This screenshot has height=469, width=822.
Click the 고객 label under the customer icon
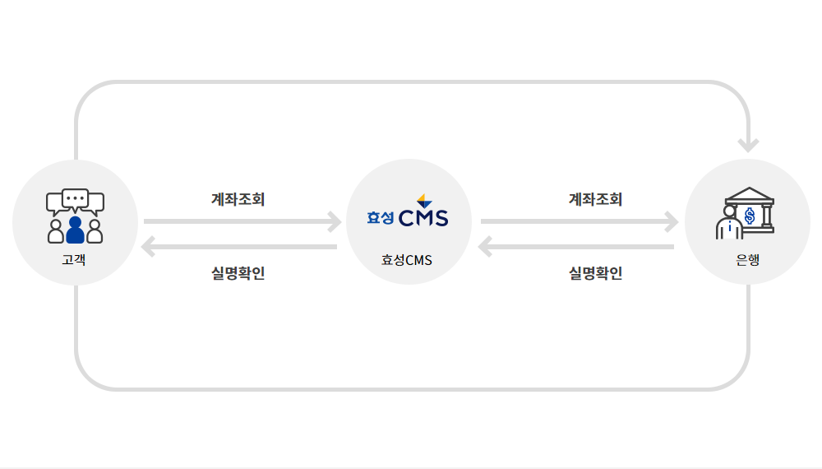pyautogui.click(x=74, y=260)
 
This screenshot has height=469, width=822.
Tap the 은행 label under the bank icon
pyautogui.click(x=747, y=260)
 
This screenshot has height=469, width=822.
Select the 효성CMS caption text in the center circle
pyautogui.click(x=407, y=260)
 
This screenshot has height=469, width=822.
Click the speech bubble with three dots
pyautogui.click(x=76, y=199)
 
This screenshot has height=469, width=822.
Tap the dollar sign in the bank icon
pyautogui.click(x=750, y=216)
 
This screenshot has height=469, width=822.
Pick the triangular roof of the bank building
pyautogui.click(x=750, y=195)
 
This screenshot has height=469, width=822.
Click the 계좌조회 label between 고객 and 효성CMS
pyautogui.click(x=238, y=199)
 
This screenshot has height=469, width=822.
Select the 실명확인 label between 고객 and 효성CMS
pyautogui.click(x=238, y=273)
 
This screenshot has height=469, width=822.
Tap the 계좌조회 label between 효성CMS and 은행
pyautogui.click(x=595, y=199)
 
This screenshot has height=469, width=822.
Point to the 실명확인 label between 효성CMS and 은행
pyautogui.click(x=595, y=273)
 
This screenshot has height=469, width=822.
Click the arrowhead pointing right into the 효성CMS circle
pyautogui.click(x=335, y=221)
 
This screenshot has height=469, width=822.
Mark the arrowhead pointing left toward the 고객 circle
pyautogui.click(x=148, y=247)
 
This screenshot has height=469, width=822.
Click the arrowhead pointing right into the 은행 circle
pyautogui.click(x=672, y=221)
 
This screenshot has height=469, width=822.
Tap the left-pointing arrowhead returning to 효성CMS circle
pyautogui.click(x=485, y=247)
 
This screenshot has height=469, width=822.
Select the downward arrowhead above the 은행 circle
pyautogui.click(x=748, y=146)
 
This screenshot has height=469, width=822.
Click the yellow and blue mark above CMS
pyautogui.click(x=424, y=201)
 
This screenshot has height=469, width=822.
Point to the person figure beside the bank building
pyautogui.click(x=729, y=222)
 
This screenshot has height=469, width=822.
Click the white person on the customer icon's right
pyautogui.click(x=95, y=231)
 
